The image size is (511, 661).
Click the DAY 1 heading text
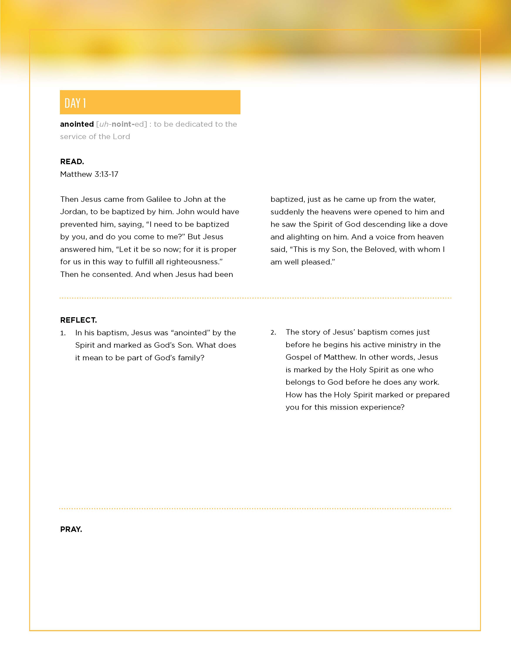point(75,103)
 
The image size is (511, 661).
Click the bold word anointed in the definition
point(77,124)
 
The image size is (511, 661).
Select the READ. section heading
point(72,162)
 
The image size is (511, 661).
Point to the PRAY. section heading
point(71,529)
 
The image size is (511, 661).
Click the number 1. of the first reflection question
point(63,333)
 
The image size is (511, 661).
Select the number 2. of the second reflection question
point(273,333)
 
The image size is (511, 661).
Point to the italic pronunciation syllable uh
point(103,124)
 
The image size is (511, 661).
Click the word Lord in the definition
point(121,137)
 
